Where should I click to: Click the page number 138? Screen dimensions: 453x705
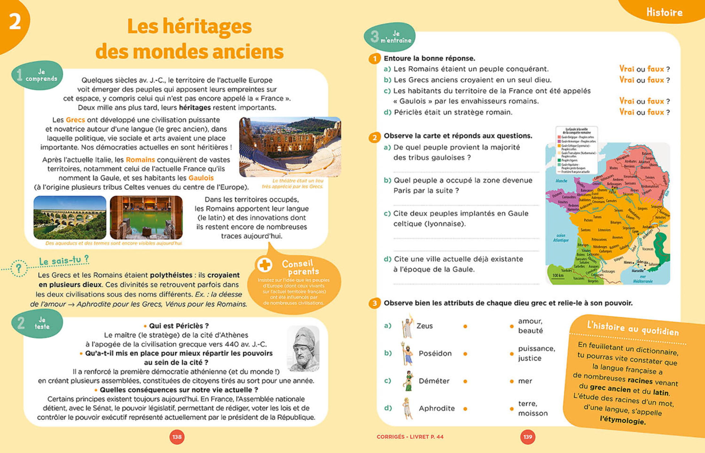tap(177, 437)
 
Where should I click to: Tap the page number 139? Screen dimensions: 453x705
tap(528, 437)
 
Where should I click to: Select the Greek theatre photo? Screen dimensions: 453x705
tap(290, 147)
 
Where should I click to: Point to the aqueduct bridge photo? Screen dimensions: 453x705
tap(70, 217)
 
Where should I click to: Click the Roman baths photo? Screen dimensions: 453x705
tap(146, 217)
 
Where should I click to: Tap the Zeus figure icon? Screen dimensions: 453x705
tap(407, 326)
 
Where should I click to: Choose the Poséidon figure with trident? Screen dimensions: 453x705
tap(407, 353)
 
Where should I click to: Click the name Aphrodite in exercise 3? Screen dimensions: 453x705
tap(437, 408)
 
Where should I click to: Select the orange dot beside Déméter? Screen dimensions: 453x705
tap(465, 381)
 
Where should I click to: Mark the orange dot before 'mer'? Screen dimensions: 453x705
tap(512, 381)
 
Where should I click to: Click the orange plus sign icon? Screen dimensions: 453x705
tap(265, 265)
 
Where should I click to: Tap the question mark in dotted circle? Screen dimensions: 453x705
tap(19, 268)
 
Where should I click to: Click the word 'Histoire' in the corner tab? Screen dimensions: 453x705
tap(664, 12)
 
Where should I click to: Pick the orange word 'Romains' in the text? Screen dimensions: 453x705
tap(140, 160)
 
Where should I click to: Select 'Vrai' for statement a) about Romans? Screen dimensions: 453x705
tap(626, 69)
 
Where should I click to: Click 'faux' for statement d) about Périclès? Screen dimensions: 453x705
tap(656, 112)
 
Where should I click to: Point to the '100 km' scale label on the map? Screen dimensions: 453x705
tap(558, 275)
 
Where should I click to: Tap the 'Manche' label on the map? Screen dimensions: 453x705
tap(561, 181)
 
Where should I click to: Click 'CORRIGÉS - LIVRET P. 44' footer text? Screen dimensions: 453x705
tap(410, 437)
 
